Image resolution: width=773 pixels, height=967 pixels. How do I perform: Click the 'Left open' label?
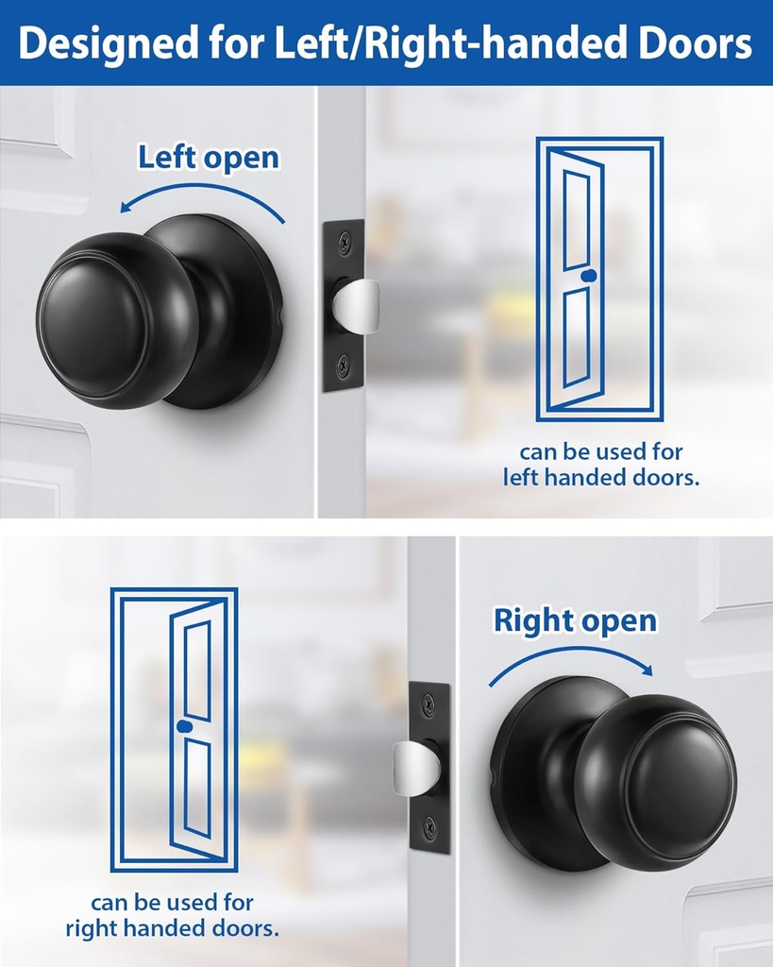[x=209, y=157]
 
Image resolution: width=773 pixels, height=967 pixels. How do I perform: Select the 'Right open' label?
[x=575, y=620]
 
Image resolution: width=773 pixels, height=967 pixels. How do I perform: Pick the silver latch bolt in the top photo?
[x=360, y=305]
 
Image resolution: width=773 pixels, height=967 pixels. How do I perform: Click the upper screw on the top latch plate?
[x=343, y=243]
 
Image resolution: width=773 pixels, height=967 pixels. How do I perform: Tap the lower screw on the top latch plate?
[x=343, y=364]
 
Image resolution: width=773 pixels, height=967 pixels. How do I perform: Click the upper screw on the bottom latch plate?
[x=429, y=704]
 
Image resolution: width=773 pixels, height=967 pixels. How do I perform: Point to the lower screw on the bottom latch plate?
[x=429, y=827]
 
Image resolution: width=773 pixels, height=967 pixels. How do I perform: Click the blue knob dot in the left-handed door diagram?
[x=589, y=275]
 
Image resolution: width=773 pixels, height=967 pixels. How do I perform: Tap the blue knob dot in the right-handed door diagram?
[x=183, y=725]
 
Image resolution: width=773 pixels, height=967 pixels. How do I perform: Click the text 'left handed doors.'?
[x=601, y=478]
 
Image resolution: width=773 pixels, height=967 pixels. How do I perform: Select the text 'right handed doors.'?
[x=173, y=928]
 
